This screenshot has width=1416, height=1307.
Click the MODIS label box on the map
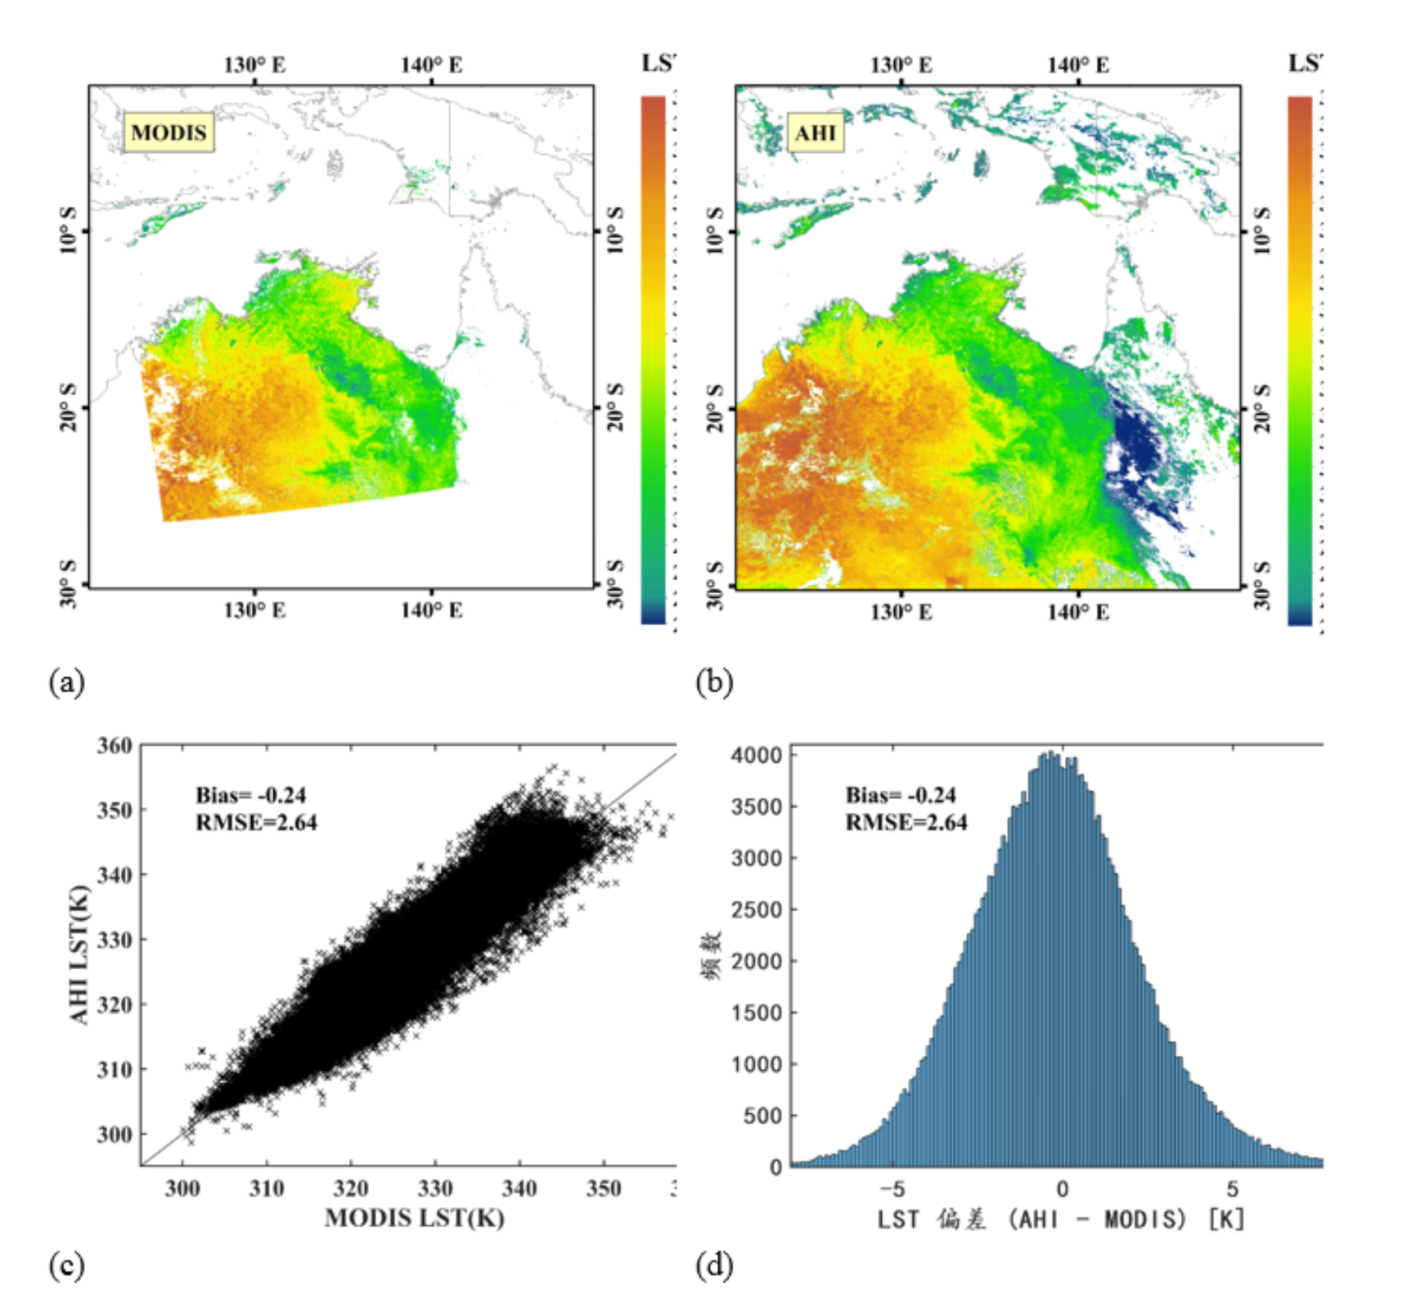(x=169, y=132)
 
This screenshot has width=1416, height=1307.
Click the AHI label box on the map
(x=815, y=132)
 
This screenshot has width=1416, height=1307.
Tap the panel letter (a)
(x=67, y=681)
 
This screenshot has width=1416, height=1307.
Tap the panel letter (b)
(x=713, y=681)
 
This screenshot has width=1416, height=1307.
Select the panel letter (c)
(x=67, y=1265)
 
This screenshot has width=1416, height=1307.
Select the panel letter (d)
(x=713, y=1265)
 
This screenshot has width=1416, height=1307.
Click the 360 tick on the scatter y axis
(x=115, y=745)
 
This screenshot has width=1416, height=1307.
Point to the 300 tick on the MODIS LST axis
(x=182, y=1188)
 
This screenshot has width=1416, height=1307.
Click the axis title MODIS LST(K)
(x=414, y=1218)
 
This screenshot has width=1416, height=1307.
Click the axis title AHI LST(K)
(x=79, y=954)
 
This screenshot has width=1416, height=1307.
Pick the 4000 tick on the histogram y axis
(x=757, y=755)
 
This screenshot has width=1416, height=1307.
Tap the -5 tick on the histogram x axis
(x=892, y=1189)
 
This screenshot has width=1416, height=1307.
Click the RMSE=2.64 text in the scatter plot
(x=256, y=822)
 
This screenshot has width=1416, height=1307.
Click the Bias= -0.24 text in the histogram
(x=900, y=795)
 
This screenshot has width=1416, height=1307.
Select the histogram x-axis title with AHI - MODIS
(x=1061, y=1219)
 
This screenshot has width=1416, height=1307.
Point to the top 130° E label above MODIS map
(x=254, y=65)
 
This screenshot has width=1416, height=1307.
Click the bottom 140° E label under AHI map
(x=1078, y=612)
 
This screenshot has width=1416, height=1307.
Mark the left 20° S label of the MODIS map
(x=69, y=406)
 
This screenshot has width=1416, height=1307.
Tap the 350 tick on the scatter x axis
(x=603, y=1188)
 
